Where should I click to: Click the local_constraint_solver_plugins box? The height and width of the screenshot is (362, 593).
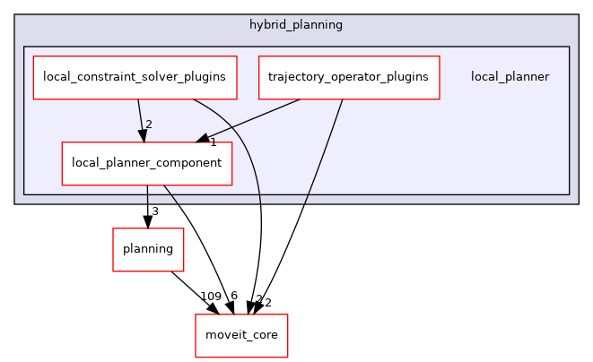click(135, 77)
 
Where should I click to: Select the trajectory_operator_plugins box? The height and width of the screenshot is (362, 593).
click(349, 77)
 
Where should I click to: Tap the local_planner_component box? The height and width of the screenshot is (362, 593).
click(146, 163)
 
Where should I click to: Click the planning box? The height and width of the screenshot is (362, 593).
click(147, 249)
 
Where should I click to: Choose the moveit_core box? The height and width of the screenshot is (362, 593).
click(241, 335)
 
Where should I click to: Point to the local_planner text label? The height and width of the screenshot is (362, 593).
click(510, 77)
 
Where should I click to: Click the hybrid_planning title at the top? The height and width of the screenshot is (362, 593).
click(296, 24)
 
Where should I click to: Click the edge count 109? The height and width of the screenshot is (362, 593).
click(211, 297)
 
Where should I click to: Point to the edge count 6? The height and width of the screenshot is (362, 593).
click(233, 297)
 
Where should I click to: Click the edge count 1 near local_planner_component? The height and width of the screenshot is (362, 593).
click(214, 142)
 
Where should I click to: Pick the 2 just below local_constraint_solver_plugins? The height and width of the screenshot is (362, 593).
click(148, 125)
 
